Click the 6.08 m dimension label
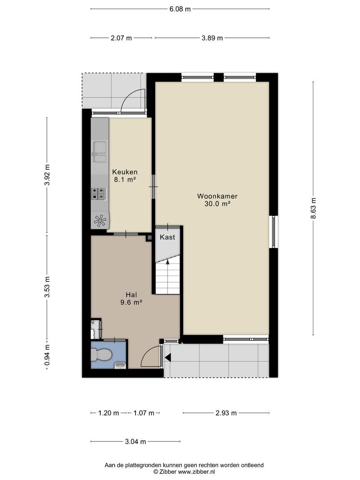(x=180, y=9)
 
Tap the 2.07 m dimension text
(x=121, y=38)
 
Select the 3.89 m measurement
(x=212, y=38)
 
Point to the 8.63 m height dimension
(x=313, y=208)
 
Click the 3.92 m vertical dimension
(x=47, y=175)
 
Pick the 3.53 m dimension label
(x=47, y=287)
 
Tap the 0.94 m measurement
(x=47, y=355)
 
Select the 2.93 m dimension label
(x=226, y=413)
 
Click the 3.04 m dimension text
(x=136, y=441)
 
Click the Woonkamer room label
(x=217, y=196)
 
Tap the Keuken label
(x=125, y=172)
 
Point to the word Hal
(x=131, y=295)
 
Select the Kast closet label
(x=168, y=237)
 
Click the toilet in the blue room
(x=101, y=355)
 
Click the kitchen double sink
(x=100, y=152)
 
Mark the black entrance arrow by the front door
(x=168, y=357)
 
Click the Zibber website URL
(x=196, y=472)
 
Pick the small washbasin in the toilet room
(x=120, y=365)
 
